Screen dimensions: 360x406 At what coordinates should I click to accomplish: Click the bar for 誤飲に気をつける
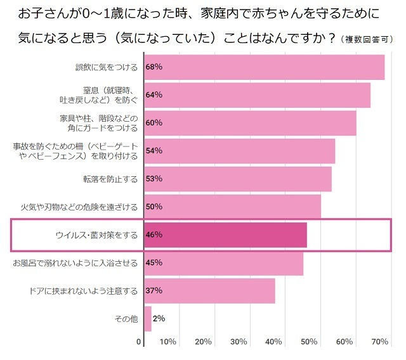(x=265, y=67)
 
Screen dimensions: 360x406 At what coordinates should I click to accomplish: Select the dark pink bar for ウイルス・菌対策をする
(x=226, y=235)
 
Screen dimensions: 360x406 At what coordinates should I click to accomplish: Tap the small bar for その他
(x=148, y=318)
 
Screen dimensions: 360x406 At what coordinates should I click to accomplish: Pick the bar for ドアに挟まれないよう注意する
(x=210, y=291)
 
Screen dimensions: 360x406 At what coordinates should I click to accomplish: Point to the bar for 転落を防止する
(x=238, y=179)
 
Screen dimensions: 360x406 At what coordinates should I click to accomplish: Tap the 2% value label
(x=159, y=318)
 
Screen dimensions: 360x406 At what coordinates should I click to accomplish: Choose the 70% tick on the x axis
(x=379, y=342)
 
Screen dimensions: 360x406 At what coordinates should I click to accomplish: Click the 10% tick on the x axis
(x=167, y=342)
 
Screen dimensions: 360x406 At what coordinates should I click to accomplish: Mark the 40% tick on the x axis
(x=273, y=342)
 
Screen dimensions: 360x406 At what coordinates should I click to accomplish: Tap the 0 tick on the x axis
(x=139, y=342)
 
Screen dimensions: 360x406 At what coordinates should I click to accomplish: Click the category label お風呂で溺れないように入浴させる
(x=75, y=262)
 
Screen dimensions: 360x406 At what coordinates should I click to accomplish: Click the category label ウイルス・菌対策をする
(x=96, y=235)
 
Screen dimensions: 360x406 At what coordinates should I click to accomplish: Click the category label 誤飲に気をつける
(x=105, y=67)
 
